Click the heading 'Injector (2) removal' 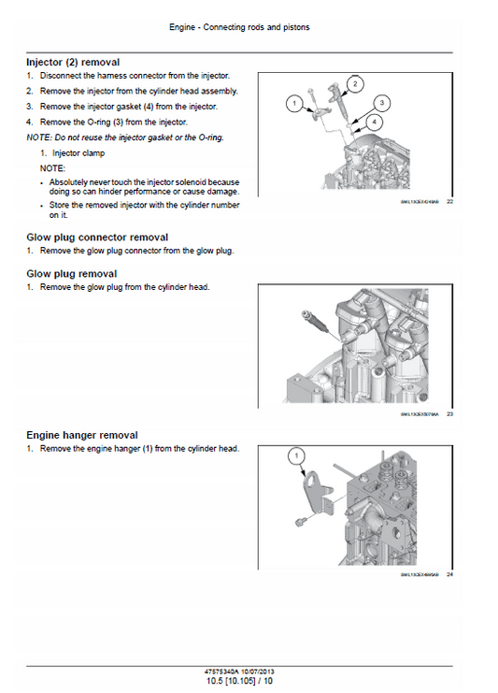click(x=73, y=62)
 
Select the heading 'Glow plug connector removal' click(x=97, y=238)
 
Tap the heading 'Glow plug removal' click(x=72, y=273)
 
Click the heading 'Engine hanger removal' click(x=82, y=435)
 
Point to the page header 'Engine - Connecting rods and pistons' click(x=239, y=27)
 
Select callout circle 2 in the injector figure click(x=354, y=83)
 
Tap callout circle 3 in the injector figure click(x=384, y=102)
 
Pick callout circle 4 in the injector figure click(x=374, y=122)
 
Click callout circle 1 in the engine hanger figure click(x=298, y=456)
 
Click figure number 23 click(x=449, y=413)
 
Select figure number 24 click(x=449, y=574)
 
